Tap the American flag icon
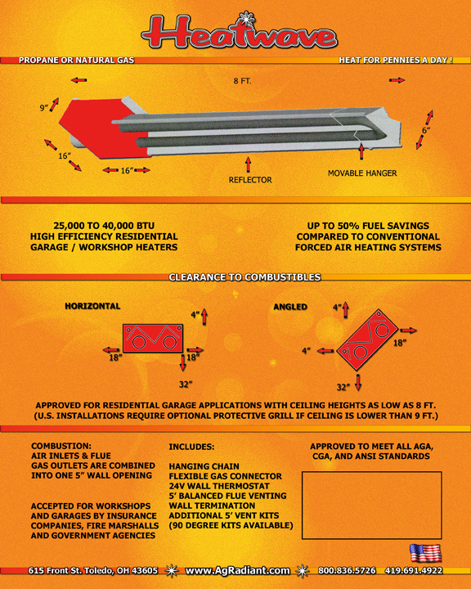click(425, 553)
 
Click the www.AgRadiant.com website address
click(237, 571)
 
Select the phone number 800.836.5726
click(347, 571)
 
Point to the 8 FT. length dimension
click(242, 81)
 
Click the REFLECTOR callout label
click(250, 180)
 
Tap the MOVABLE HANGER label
click(362, 173)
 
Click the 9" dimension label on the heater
click(44, 108)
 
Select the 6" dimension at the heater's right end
click(426, 130)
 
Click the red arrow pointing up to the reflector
click(248, 165)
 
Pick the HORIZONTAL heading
click(92, 306)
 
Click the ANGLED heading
click(290, 307)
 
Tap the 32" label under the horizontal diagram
click(186, 384)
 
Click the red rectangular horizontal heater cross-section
click(153, 339)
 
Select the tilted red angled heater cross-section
click(367, 339)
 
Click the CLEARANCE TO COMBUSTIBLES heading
click(244, 277)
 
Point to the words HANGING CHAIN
click(204, 466)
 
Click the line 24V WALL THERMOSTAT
click(219, 486)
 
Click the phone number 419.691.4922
click(414, 571)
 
